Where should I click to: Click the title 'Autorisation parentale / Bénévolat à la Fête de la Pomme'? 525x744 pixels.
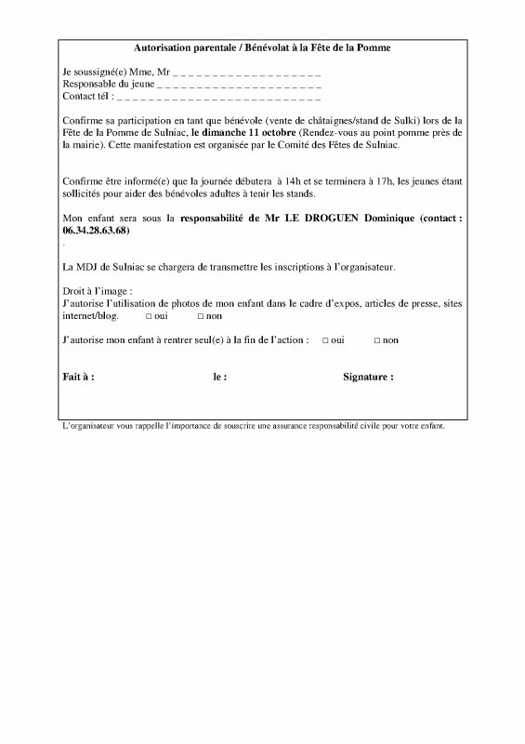click(x=262, y=47)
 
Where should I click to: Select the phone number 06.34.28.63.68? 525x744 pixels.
click(x=95, y=230)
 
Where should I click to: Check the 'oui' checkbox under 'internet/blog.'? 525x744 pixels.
click(x=149, y=316)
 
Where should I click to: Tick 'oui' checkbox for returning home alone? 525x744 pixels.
click(x=325, y=341)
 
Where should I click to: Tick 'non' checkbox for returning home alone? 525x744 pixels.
click(x=377, y=341)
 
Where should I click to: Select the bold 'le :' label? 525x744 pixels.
click(x=220, y=379)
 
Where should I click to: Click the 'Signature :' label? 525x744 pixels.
click(x=368, y=379)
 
